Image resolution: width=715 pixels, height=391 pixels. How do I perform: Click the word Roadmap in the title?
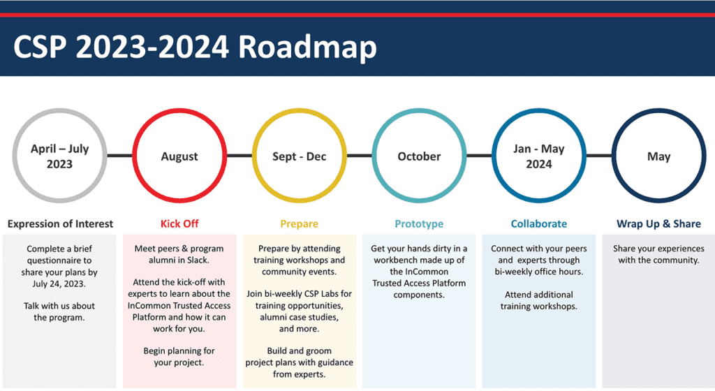click(307, 47)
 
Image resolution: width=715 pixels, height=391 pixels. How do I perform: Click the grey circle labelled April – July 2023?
click(60, 156)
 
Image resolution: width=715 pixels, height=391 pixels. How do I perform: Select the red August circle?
click(179, 156)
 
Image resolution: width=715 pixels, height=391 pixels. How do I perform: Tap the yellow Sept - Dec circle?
click(299, 156)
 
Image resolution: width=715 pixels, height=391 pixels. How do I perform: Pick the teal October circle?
click(419, 156)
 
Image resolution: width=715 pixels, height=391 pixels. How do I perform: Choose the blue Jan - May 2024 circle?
click(539, 156)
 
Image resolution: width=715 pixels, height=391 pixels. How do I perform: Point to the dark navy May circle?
click(658, 156)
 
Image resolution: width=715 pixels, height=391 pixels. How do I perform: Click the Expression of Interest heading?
click(60, 223)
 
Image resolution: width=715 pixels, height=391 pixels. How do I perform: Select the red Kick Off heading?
click(179, 223)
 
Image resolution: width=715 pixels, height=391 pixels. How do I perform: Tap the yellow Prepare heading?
click(299, 223)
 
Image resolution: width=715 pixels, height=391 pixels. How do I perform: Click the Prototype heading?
click(419, 223)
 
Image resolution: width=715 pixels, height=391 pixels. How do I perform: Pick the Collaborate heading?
click(539, 223)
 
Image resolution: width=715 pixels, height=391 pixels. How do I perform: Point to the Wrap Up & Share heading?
click(658, 223)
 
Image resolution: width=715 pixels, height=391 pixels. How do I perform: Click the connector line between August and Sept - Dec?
click(239, 156)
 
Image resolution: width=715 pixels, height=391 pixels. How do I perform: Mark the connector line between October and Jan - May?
click(479, 156)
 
